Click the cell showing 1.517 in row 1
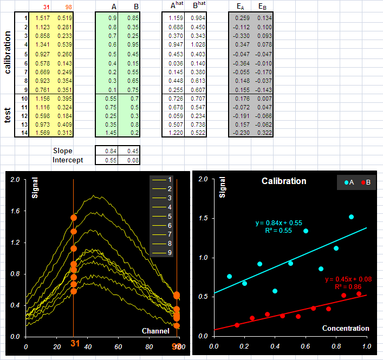click(x=42, y=18)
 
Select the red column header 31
click(x=47, y=7)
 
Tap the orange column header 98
click(x=69, y=7)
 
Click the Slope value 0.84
click(x=111, y=151)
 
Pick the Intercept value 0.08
click(x=133, y=160)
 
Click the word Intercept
click(x=68, y=160)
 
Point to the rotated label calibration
click(x=8, y=53)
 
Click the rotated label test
click(x=8, y=115)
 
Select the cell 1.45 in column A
click(x=111, y=133)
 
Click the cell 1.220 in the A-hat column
click(x=176, y=133)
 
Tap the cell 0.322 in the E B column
click(x=264, y=133)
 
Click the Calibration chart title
click(x=284, y=181)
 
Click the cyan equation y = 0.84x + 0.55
click(x=278, y=223)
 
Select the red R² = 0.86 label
click(x=348, y=287)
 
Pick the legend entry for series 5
click(x=162, y=217)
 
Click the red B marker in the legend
click(x=363, y=182)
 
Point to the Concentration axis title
click(x=346, y=328)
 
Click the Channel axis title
click(x=155, y=331)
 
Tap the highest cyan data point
click(x=351, y=217)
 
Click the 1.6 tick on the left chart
click(x=15, y=211)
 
